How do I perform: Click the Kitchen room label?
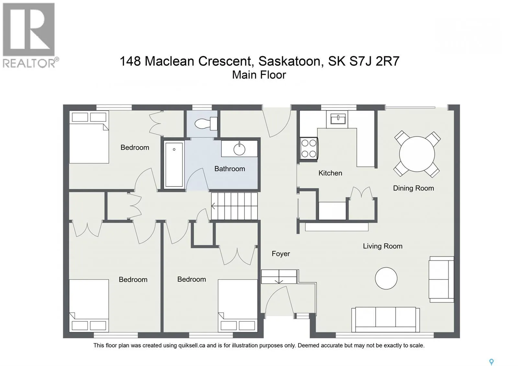coord(330,173)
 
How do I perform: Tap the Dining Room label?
coord(413,188)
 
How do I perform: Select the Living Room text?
coord(382,246)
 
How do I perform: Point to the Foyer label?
coord(281,254)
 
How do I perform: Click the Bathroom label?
coord(230,169)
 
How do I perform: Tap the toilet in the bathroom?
coord(206,123)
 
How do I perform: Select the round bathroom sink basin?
coord(239,149)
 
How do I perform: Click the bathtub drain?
coord(174,149)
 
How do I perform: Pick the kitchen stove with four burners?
coord(309,148)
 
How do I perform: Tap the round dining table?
coord(417,154)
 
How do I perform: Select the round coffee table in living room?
coord(386,278)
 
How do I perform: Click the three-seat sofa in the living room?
coord(386,319)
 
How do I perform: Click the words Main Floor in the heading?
coord(259,75)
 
